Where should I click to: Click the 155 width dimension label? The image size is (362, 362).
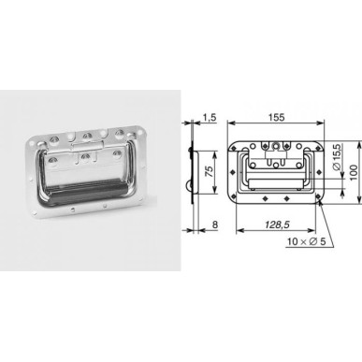point(277,117)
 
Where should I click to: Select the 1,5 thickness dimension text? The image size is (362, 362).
point(210,117)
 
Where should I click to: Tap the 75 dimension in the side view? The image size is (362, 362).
point(210,172)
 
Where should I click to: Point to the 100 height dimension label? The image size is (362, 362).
point(353,172)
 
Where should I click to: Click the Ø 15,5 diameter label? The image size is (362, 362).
point(337,157)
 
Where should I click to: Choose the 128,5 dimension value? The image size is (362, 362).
point(277,224)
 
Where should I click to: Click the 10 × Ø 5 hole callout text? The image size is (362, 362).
point(307,241)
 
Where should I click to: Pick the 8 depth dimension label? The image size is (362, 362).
point(214,224)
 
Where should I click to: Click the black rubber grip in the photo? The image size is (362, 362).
point(82,190)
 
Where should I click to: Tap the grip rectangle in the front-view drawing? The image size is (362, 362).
point(276,184)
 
